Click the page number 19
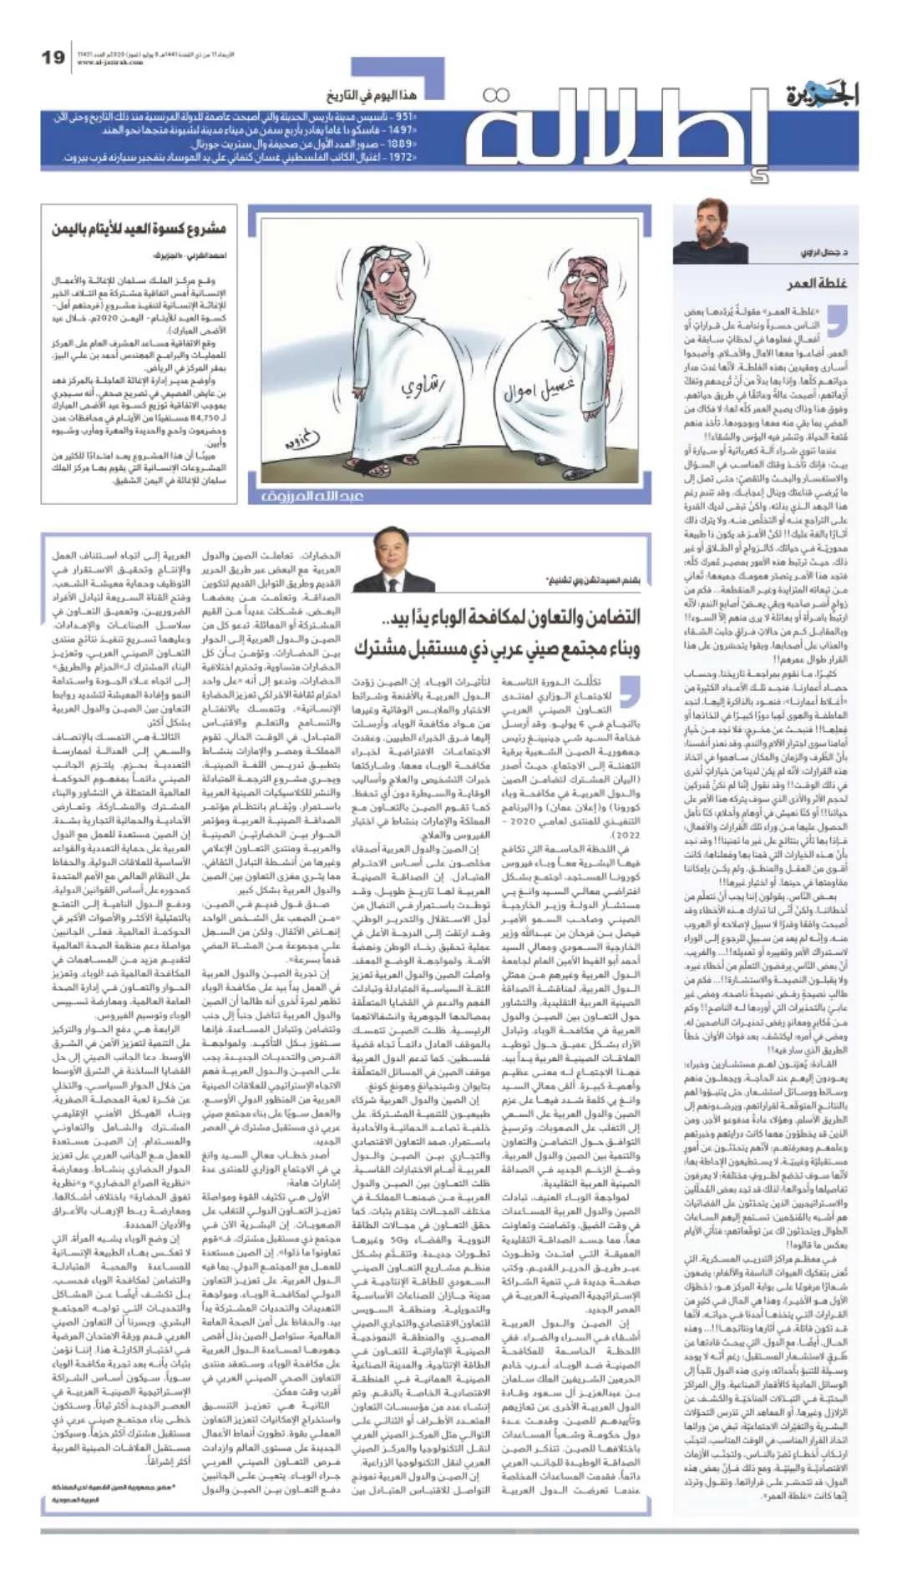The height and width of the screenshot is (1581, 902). pyautogui.click(x=53, y=58)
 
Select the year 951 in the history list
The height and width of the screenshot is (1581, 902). pyautogui.click(x=406, y=118)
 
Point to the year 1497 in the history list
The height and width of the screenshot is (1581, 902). pyautogui.click(x=403, y=131)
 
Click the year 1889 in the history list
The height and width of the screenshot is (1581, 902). pyautogui.click(x=402, y=144)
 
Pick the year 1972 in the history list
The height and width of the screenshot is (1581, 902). pyautogui.click(x=402, y=157)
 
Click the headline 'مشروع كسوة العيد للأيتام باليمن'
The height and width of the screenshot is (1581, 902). pyautogui.click(x=139, y=228)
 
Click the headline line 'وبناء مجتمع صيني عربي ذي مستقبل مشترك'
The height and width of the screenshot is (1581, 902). pyautogui.click(x=497, y=648)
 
